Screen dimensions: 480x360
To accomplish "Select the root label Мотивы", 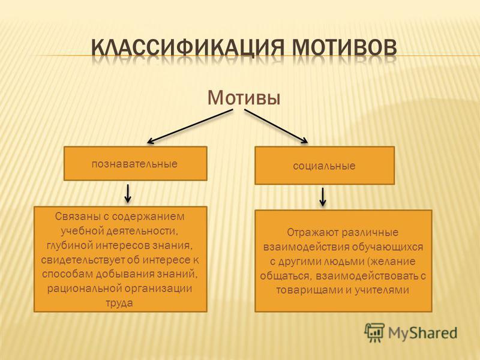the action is coord(244,98).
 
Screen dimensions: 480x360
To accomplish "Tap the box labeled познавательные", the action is coord(136,163).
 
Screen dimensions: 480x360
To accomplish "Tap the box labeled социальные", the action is coord(325,166).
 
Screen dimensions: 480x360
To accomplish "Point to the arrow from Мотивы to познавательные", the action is coord(190,127).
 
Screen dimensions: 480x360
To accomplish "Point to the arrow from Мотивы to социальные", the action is coord(276,127).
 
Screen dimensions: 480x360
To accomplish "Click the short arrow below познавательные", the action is coord(128,193).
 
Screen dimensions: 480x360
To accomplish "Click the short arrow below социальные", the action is coord(323,197).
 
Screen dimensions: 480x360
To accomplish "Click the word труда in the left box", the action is coord(119,303).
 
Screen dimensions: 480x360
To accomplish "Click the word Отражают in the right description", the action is coord(312,233).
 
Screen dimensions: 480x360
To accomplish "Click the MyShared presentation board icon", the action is coord(374,332).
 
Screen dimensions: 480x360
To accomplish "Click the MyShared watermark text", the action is coord(423,332).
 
